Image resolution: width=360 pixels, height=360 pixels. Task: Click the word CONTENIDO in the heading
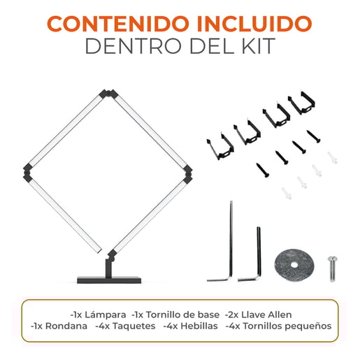[118, 24]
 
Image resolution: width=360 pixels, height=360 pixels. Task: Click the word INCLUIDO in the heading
[254, 24]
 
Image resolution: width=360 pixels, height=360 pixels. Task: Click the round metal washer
[294, 265]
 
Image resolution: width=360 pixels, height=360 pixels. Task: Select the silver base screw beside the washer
[333, 269]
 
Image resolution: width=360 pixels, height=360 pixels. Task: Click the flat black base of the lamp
[109, 280]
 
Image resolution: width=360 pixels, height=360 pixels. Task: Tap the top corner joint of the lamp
[108, 94]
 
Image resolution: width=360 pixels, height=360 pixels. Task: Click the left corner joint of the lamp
[28, 173]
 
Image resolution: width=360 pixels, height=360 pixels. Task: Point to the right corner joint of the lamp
[188, 173]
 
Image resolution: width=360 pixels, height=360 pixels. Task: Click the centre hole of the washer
[294, 265]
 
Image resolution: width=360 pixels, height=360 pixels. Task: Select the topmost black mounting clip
[302, 103]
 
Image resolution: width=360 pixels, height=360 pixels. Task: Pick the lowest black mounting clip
[220, 147]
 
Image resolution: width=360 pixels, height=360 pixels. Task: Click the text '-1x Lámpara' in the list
[98, 315]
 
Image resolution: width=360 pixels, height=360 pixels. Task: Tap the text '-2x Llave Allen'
[259, 315]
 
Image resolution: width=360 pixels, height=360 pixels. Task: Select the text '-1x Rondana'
[59, 326]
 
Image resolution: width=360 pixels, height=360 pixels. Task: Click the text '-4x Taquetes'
[125, 326]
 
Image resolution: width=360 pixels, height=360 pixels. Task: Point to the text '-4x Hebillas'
[191, 326]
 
